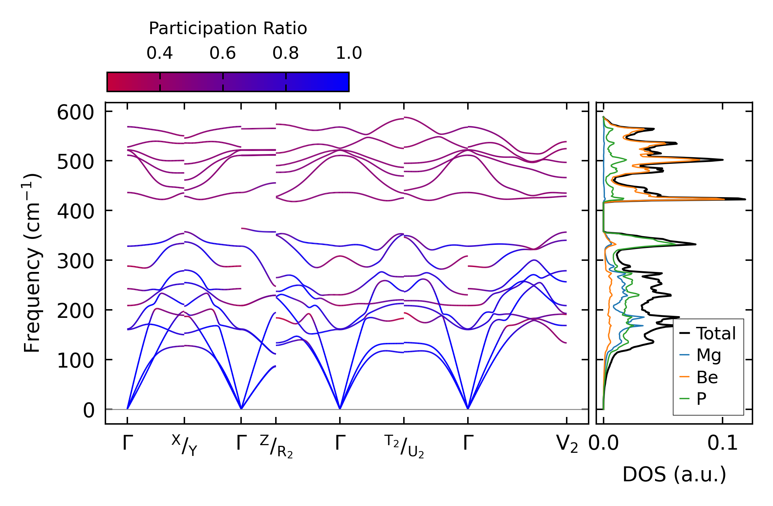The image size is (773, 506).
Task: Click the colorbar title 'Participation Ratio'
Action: click(x=228, y=29)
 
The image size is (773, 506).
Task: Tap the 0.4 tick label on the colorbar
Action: click(x=160, y=53)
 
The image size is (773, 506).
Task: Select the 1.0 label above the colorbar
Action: click(x=349, y=53)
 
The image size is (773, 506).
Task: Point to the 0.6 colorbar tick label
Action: click(x=223, y=53)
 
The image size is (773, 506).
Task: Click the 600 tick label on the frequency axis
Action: click(x=75, y=113)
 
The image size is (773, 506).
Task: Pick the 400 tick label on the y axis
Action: click(x=75, y=211)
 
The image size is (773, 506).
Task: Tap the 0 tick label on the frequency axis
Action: click(x=89, y=410)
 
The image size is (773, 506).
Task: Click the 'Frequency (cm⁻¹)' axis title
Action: click(x=32, y=263)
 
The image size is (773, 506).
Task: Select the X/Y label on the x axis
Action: click(x=184, y=445)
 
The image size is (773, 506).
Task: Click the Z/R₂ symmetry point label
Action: click(x=276, y=446)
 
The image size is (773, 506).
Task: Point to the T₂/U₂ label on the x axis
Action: click(x=404, y=446)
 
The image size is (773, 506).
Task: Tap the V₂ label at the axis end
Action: click(x=567, y=444)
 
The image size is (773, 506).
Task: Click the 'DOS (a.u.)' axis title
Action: click(x=674, y=474)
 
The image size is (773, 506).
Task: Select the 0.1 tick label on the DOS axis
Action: click(x=723, y=444)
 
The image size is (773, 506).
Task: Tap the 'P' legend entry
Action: click(x=701, y=399)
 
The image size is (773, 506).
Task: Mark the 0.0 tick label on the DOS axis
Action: click(x=604, y=444)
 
